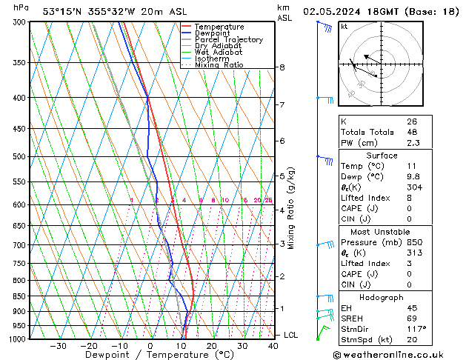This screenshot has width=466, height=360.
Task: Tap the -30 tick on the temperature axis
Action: (58, 345)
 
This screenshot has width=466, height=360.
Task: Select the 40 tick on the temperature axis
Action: (273, 345)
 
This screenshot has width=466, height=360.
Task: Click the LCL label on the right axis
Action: (290, 335)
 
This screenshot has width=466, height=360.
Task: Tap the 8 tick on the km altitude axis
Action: (282, 67)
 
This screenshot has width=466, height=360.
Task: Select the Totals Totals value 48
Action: (412, 132)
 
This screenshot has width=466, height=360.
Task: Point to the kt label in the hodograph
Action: (344, 26)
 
